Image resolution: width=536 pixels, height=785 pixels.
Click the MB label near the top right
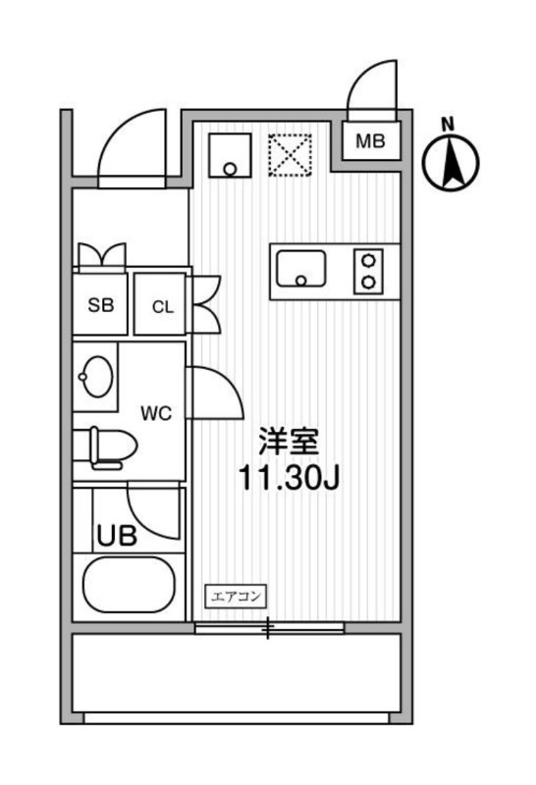(371, 141)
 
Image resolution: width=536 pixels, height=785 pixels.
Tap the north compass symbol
(451, 159)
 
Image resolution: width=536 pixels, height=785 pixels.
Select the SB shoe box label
(101, 304)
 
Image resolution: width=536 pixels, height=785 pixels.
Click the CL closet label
(163, 306)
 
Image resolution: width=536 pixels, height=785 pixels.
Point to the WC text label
(156, 413)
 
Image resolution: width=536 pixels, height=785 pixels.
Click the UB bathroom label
(117, 536)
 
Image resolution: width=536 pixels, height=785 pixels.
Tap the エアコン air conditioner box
(236, 597)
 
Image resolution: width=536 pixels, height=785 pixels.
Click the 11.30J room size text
(289, 478)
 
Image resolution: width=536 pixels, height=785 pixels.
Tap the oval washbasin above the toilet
(95, 377)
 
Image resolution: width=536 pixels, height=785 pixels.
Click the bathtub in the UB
(129, 584)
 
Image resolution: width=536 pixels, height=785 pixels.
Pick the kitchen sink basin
(301, 268)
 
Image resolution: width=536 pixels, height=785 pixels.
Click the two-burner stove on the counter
(369, 272)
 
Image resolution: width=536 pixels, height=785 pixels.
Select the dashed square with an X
(291, 155)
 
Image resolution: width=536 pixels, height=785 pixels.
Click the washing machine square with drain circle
(230, 155)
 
